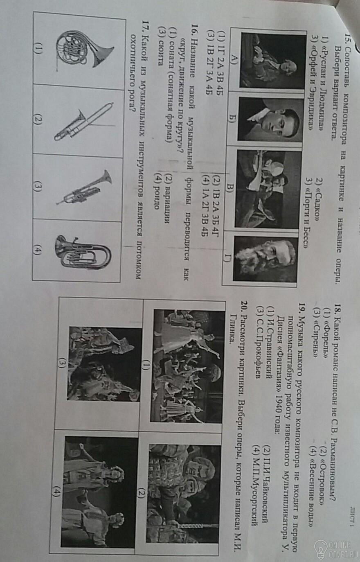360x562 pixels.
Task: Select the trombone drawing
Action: coord(84,122)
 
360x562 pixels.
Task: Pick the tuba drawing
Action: coord(83,252)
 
